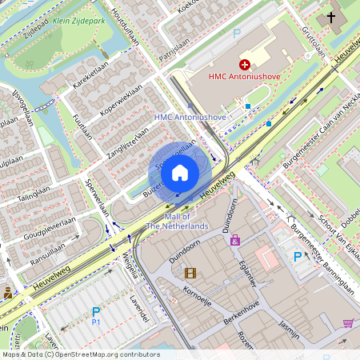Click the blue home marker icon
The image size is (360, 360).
coord(180,173)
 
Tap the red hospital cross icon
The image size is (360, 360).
coord(245,63)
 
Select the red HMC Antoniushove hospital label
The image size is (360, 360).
coord(243,77)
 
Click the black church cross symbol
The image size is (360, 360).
coord(331,17)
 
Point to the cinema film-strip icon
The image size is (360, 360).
coord(190,273)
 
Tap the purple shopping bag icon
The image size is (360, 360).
coord(234,239)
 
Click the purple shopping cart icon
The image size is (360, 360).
coord(348,323)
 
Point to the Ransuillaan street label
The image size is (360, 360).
coord(47,250)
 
